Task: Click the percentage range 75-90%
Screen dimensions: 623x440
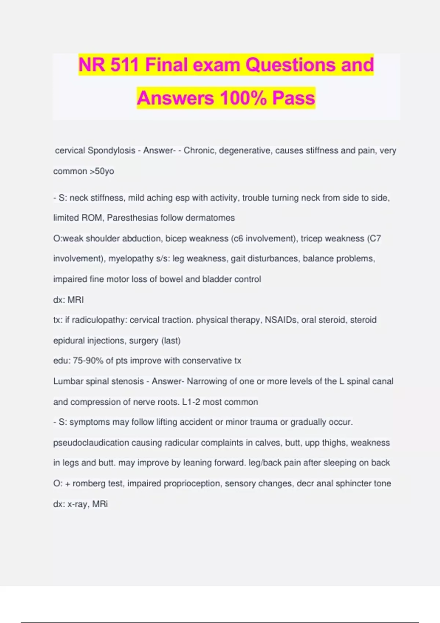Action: (x=88, y=361)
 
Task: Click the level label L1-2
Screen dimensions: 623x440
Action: (x=191, y=402)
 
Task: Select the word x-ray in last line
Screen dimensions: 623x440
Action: (x=77, y=504)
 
